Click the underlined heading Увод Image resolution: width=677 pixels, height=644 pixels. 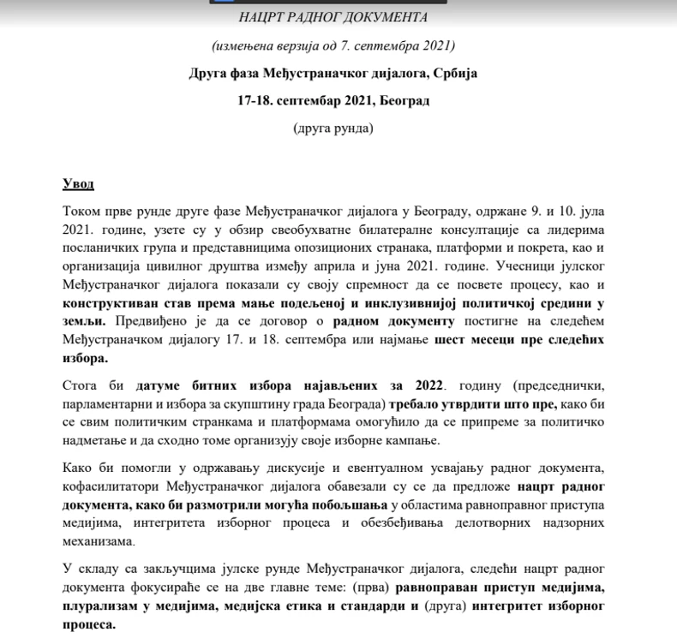click(79, 184)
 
